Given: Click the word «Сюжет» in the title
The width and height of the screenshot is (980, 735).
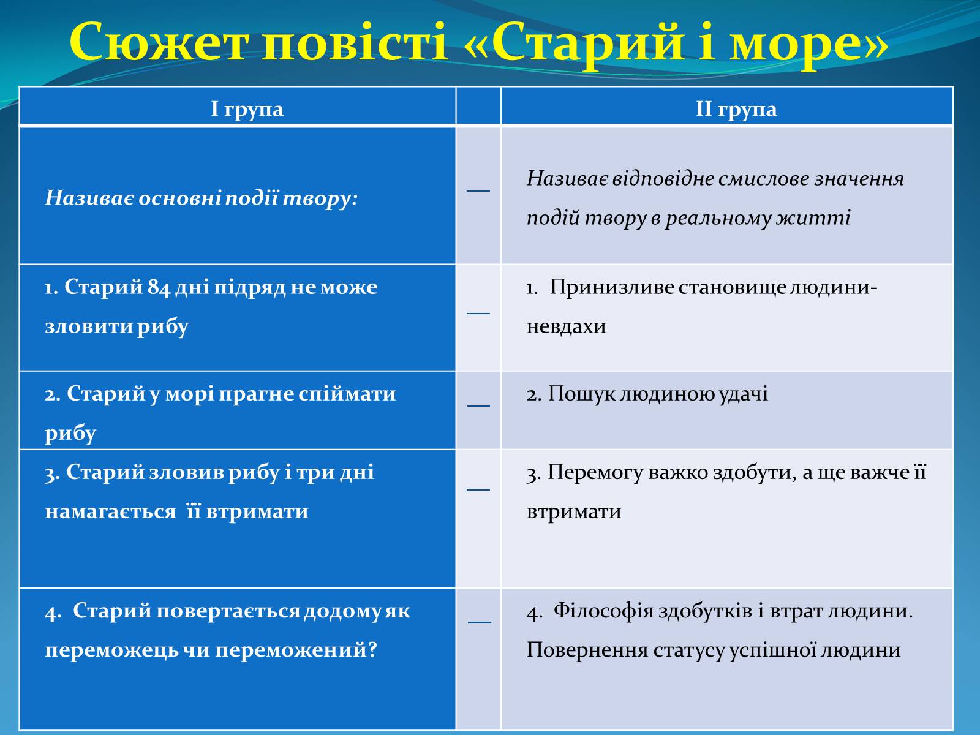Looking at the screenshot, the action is point(159,42).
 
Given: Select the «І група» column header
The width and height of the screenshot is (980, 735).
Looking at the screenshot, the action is point(247,109).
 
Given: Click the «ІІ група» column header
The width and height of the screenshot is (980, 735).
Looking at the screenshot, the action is point(736,109).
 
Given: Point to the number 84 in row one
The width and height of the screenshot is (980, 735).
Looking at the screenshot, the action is point(159,287).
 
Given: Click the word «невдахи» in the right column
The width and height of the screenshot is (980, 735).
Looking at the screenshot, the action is point(566,326).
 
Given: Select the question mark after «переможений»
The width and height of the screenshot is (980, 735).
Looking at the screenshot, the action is point(372,650).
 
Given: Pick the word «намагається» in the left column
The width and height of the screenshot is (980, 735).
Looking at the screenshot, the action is point(110,512).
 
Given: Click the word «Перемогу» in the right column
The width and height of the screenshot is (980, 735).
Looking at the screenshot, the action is point(595,473).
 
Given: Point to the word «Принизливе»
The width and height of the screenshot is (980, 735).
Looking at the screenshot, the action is point(612,287).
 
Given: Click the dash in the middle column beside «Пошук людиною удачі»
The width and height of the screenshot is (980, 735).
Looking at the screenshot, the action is point(478,405).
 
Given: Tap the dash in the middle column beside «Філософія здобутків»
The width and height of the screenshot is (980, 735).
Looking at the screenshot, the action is point(480,622).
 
